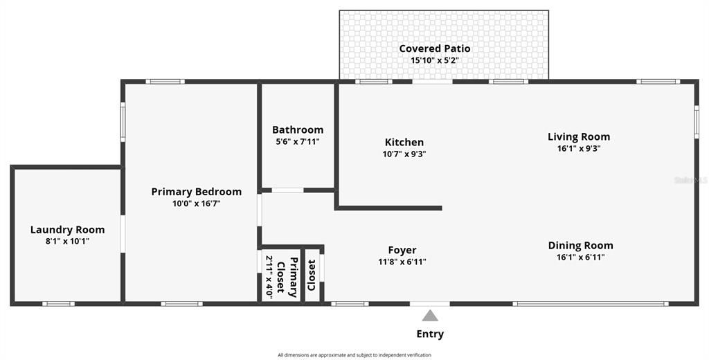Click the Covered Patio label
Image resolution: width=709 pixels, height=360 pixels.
pos(435,48)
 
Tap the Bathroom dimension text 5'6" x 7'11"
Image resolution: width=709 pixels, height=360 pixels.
pos(298,141)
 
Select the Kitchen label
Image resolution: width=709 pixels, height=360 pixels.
pos(404,143)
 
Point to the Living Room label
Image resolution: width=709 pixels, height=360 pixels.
pos(579,136)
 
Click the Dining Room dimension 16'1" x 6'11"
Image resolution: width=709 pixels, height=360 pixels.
pos(581,258)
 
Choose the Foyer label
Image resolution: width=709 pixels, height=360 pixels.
pos(402,250)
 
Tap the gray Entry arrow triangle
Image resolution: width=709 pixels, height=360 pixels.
pos(430,315)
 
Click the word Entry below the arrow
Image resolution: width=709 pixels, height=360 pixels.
pos(430,334)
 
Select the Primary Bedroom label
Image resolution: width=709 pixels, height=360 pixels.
pos(196,192)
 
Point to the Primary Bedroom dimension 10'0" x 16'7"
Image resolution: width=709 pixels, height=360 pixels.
pos(196,204)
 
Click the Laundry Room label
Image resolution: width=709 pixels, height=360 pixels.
pos(67,230)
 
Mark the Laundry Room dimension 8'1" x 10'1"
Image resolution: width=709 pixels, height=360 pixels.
pos(67,241)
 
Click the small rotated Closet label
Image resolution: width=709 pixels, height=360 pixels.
pos(311,275)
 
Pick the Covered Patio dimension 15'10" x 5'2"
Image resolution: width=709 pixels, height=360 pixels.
pos(435,60)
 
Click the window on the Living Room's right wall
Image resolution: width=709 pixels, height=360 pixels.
pos(697,122)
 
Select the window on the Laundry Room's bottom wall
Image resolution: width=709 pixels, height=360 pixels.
pos(58,303)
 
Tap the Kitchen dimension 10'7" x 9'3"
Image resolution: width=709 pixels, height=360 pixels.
pos(404,154)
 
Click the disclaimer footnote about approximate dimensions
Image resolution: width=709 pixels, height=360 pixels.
pos(354,355)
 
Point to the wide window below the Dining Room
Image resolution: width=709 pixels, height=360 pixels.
pos(590,304)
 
